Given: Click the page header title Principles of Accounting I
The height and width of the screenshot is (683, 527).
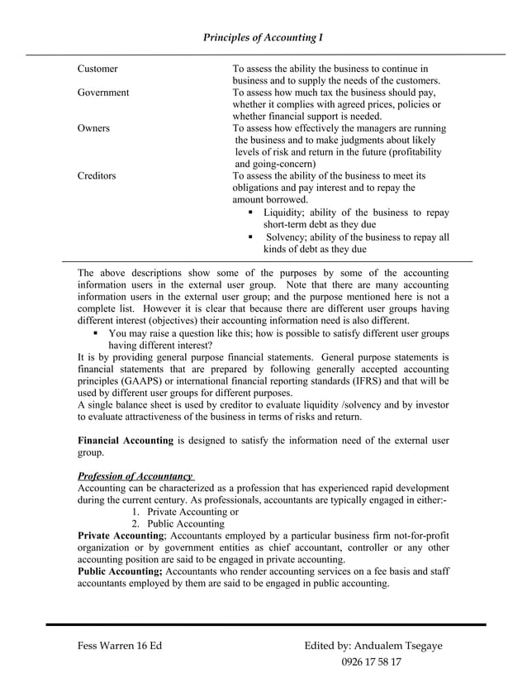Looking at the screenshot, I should [x=263, y=37].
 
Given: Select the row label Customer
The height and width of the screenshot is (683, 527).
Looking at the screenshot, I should [x=97, y=69].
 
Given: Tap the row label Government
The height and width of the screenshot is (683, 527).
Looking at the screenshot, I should [x=103, y=93].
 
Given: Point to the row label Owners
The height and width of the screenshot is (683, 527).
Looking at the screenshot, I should [x=93, y=128].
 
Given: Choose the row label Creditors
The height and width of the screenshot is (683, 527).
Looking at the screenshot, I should [x=97, y=176].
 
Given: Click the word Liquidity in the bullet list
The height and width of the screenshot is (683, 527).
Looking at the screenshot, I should [x=285, y=213].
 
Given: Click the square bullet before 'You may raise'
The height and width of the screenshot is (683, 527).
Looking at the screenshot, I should [x=97, y=333].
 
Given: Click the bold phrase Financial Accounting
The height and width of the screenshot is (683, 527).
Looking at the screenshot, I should [x=125, y=441].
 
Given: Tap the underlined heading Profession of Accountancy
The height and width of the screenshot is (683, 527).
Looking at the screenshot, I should [x=135, y=476].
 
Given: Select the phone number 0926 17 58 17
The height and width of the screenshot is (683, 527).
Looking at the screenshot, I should [x=372, y=662].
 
